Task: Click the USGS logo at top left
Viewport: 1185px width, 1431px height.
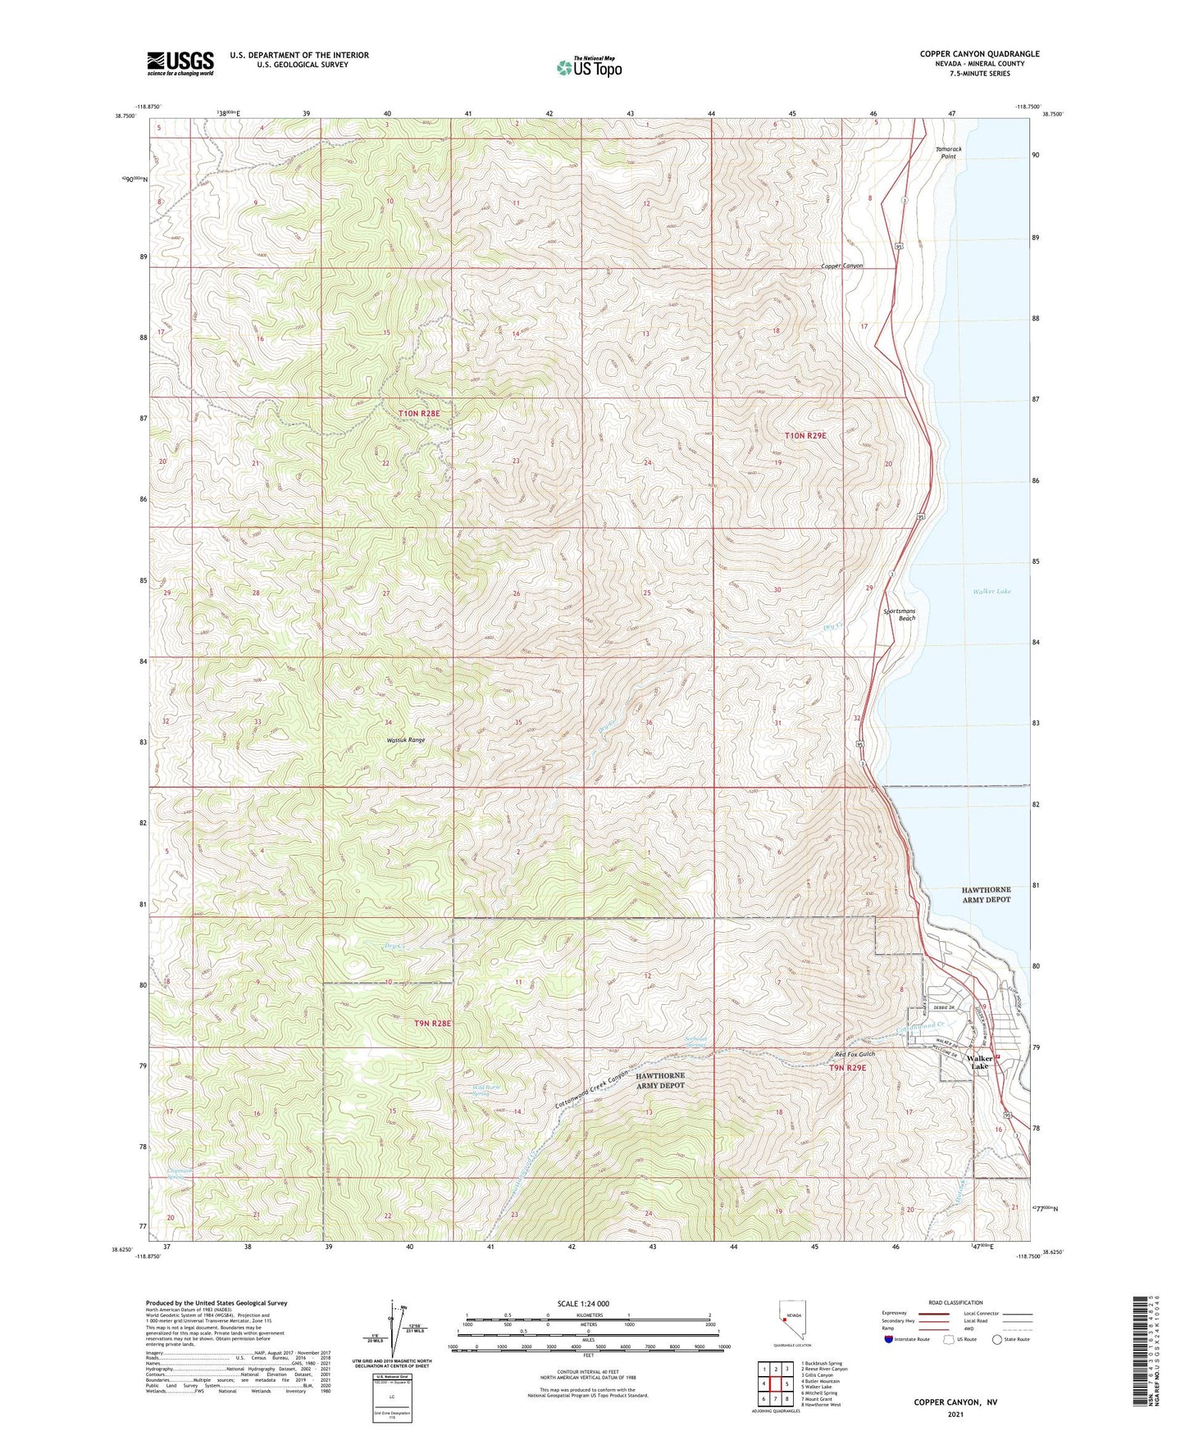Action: [180, 63]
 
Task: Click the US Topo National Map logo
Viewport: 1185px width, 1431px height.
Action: [589, 67]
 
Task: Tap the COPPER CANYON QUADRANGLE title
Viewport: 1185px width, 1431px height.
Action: [979, 54]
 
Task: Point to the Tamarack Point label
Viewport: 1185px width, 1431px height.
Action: [949, 152]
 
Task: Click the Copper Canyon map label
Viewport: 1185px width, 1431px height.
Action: [842, 266]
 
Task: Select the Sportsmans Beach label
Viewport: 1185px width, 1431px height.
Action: [900, 615]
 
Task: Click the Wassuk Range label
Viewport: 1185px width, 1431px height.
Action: [406, 740]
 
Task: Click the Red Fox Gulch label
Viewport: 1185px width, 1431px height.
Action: [855, 1054]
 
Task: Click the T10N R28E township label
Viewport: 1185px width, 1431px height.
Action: [419, 414]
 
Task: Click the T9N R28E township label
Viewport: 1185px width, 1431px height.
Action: [432, 1024]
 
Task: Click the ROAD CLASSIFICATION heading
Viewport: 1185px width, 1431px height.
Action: [956, 1302]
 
